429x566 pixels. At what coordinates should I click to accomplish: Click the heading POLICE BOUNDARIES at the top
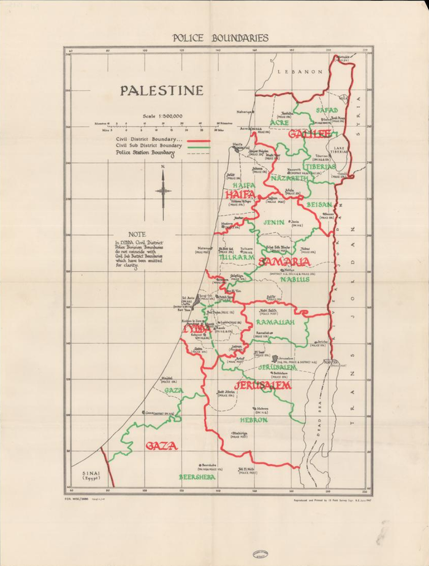tap(220, 38)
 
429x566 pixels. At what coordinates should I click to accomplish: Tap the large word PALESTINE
tap(161, 91)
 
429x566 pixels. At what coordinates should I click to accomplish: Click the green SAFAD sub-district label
tap(327, 110)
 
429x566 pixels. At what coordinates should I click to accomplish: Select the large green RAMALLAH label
tap(275, 322)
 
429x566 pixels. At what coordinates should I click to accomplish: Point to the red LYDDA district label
tap(197, 330)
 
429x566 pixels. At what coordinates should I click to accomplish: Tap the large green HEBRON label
tap(254, 420)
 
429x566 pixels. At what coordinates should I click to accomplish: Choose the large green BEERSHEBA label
tap(197, 476)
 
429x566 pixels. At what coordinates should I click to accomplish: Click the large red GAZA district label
tap(161, 446)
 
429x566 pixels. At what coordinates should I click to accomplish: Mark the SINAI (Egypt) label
tap(90, 476)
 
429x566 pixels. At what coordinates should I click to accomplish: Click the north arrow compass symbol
tap(164, 187)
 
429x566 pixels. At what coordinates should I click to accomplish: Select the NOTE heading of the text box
tap(137, 234)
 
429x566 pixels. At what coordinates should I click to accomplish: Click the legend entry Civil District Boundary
tap(149, 140)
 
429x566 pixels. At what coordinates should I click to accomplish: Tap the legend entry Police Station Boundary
tap(149, 154)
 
